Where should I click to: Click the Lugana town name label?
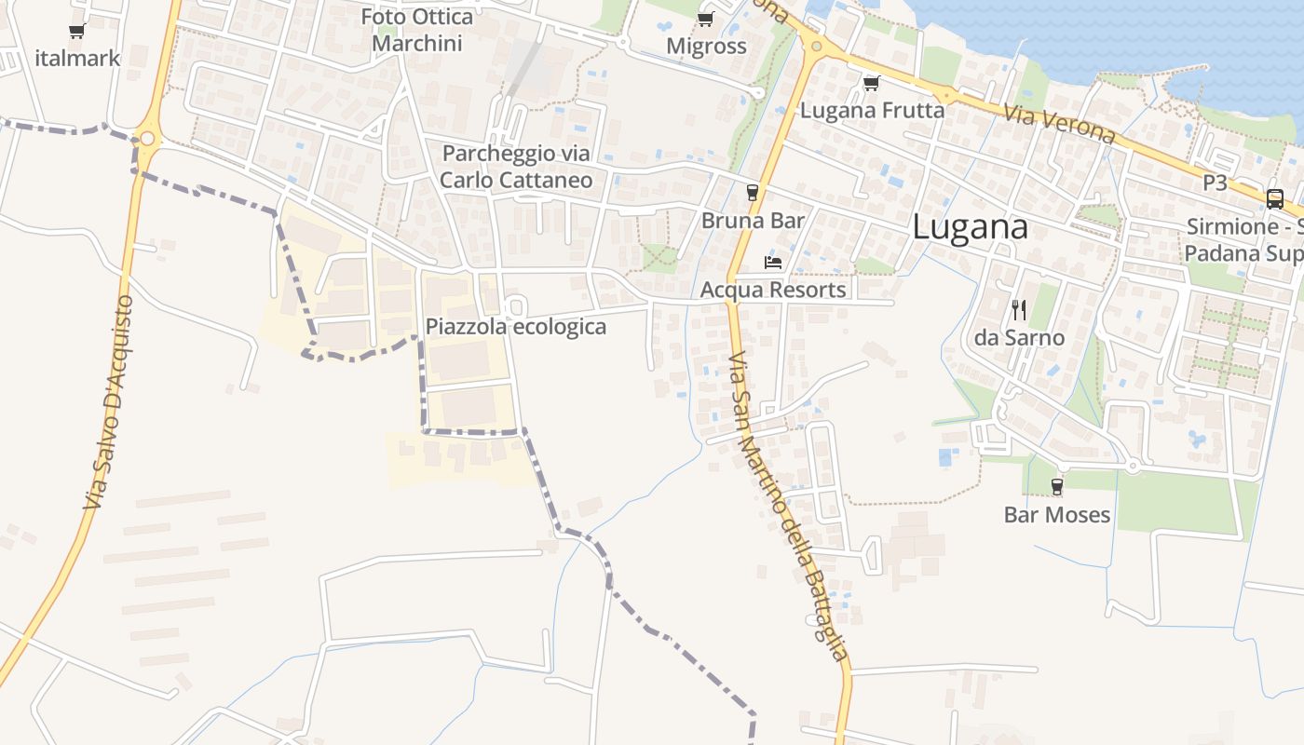[x=970, y=227]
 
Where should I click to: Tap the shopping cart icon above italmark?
[x=77, y=32]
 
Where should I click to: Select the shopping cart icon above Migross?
[x=705, y=20]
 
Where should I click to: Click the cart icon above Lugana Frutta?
[x=871, y=84]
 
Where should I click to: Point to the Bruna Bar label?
[x=753, y=221]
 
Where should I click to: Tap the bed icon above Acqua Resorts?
[x=772, y=263]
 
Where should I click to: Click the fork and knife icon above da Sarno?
[x=1019, y=310]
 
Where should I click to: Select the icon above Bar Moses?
[x=1056, y=486]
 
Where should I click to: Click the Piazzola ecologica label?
[x=515, y=327]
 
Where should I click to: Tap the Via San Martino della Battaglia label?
[x=788, y=508]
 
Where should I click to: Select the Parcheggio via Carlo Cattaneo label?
[x=516, y=167]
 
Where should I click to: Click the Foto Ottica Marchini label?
[x=416, y=30]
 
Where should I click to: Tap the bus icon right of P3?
[x=1274, y=198]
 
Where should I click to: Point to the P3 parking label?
[x=1215, y=183]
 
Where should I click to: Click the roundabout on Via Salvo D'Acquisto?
[x=147, y=140]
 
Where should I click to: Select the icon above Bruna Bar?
[x=753, y=193]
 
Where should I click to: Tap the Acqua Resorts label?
[x=772, y=290]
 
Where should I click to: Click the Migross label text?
[x=706, y=46]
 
